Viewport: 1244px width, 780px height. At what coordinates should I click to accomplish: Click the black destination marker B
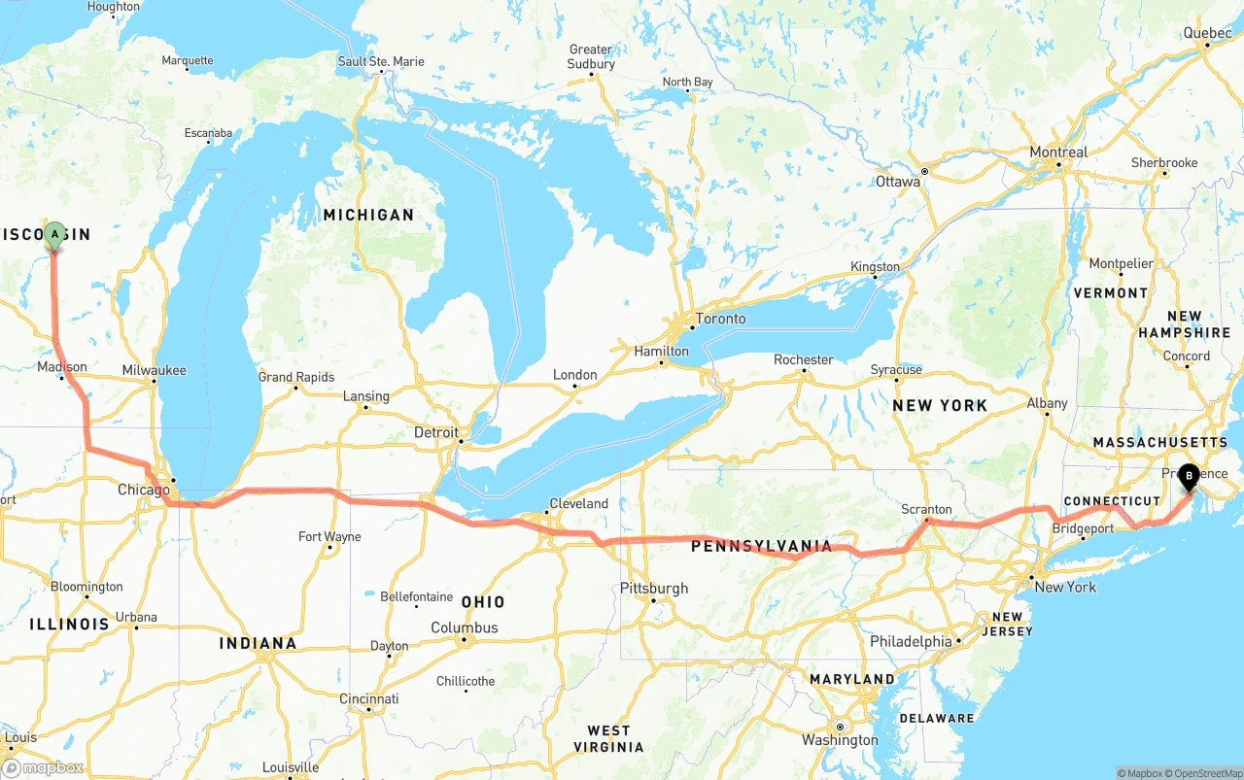tap(1187, 476)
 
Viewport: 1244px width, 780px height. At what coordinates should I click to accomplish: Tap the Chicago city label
tap(143, 490)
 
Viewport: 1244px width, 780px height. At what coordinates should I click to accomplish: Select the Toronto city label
tap(720, 319)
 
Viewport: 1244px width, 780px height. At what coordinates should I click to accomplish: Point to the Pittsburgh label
tap(654, 588)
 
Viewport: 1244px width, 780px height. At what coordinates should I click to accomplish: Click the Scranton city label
tap(926, 509)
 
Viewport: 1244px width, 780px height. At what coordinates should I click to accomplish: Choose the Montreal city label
tap(1058, 153)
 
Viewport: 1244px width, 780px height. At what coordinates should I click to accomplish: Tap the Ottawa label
tap(897, 182)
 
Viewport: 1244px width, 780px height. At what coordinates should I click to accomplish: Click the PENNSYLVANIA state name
tap(761, 547)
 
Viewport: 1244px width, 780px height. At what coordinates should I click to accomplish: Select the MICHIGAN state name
tap(368, 215)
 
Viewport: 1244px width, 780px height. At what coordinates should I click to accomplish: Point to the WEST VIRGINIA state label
tap(615, 738)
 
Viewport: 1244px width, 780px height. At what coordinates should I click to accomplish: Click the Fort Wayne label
tap(329, 536)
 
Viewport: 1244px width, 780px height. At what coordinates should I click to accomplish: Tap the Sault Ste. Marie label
tap(380, 61)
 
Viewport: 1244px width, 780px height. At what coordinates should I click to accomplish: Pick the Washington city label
tap(840, 740)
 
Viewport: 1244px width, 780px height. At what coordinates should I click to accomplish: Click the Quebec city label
tap(1207, 32)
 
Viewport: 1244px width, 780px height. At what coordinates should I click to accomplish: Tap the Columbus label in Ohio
tap(465, 627)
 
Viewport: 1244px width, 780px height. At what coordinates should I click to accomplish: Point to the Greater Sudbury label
tap(591, 56)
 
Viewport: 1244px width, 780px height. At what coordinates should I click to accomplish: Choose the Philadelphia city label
tap(911, 641)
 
